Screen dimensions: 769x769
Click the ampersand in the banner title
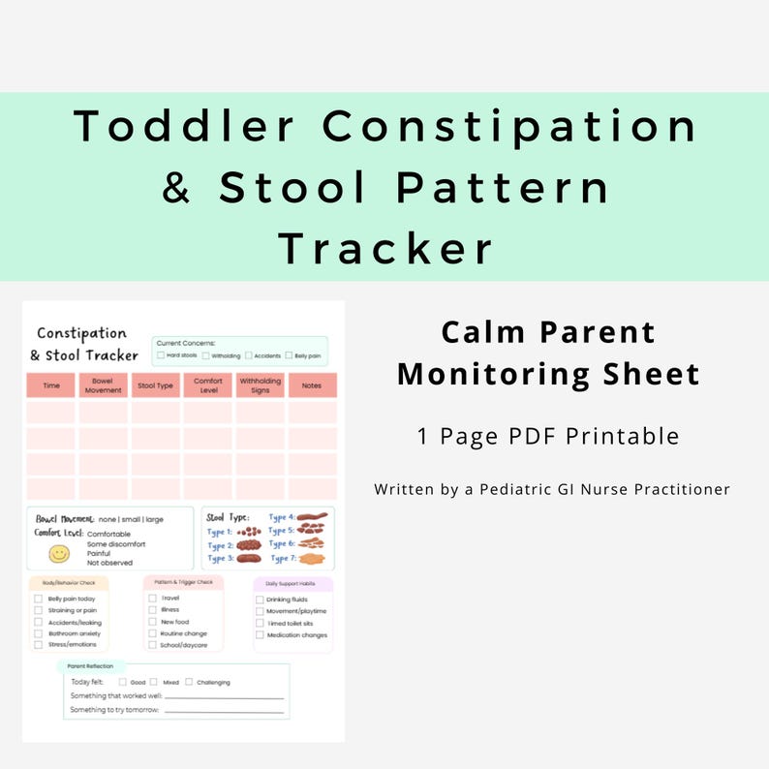coord(176,188)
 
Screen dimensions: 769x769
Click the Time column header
coord(51,385)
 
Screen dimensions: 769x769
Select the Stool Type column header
coord(155,385)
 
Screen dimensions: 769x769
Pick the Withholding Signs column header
coord(260,385)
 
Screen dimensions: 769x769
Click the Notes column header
coord(312,385)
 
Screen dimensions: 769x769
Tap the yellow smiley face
coord(60,553)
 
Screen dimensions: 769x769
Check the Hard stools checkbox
coord(161,355)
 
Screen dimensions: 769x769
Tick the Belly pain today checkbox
coord(38,599)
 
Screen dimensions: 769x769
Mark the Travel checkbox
coord(152,598)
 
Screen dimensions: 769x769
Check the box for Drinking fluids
coord(259,600)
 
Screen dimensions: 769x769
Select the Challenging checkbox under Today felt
coord(189,682)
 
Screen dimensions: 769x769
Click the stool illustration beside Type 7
coord(310,558)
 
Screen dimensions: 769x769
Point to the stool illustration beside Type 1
coord(249,531)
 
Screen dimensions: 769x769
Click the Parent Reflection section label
coord(90,666)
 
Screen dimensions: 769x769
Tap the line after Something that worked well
coord(224,697)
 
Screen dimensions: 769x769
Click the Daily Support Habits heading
coord(292,583)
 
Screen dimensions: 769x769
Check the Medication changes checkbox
coord(259,635)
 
